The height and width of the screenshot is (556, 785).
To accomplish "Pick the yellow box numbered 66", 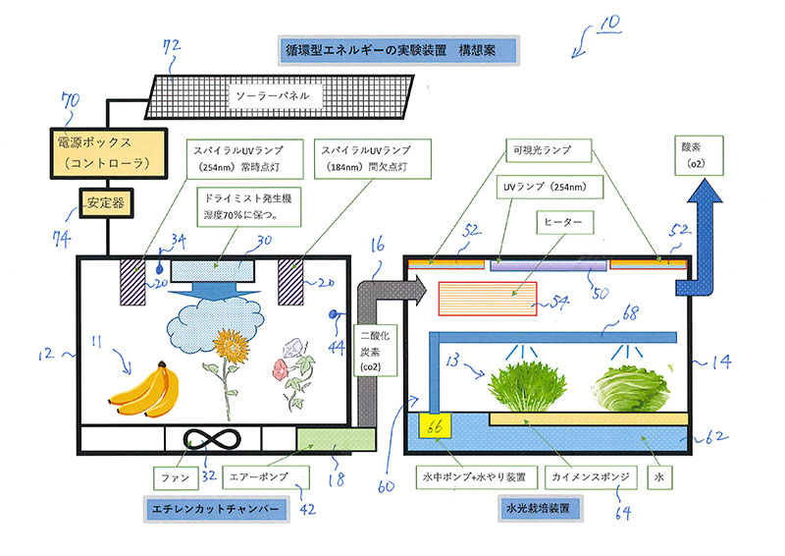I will [433, 425].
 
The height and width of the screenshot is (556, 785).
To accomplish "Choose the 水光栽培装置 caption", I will [529, 510].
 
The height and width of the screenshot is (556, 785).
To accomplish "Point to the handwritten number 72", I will [172, 45].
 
